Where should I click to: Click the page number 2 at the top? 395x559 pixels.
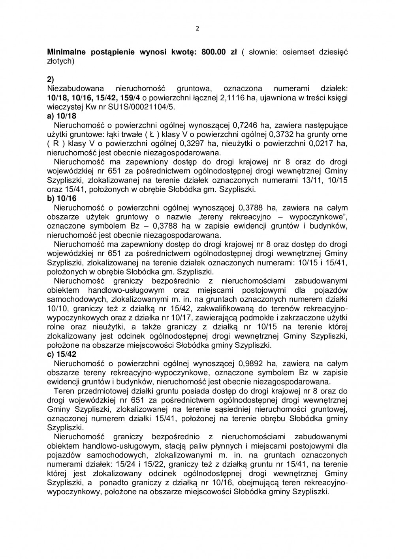(x=197, y=28)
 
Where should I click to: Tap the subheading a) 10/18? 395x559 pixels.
(x=62, y=116)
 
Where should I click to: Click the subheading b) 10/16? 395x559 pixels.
(x=62, y=198)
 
